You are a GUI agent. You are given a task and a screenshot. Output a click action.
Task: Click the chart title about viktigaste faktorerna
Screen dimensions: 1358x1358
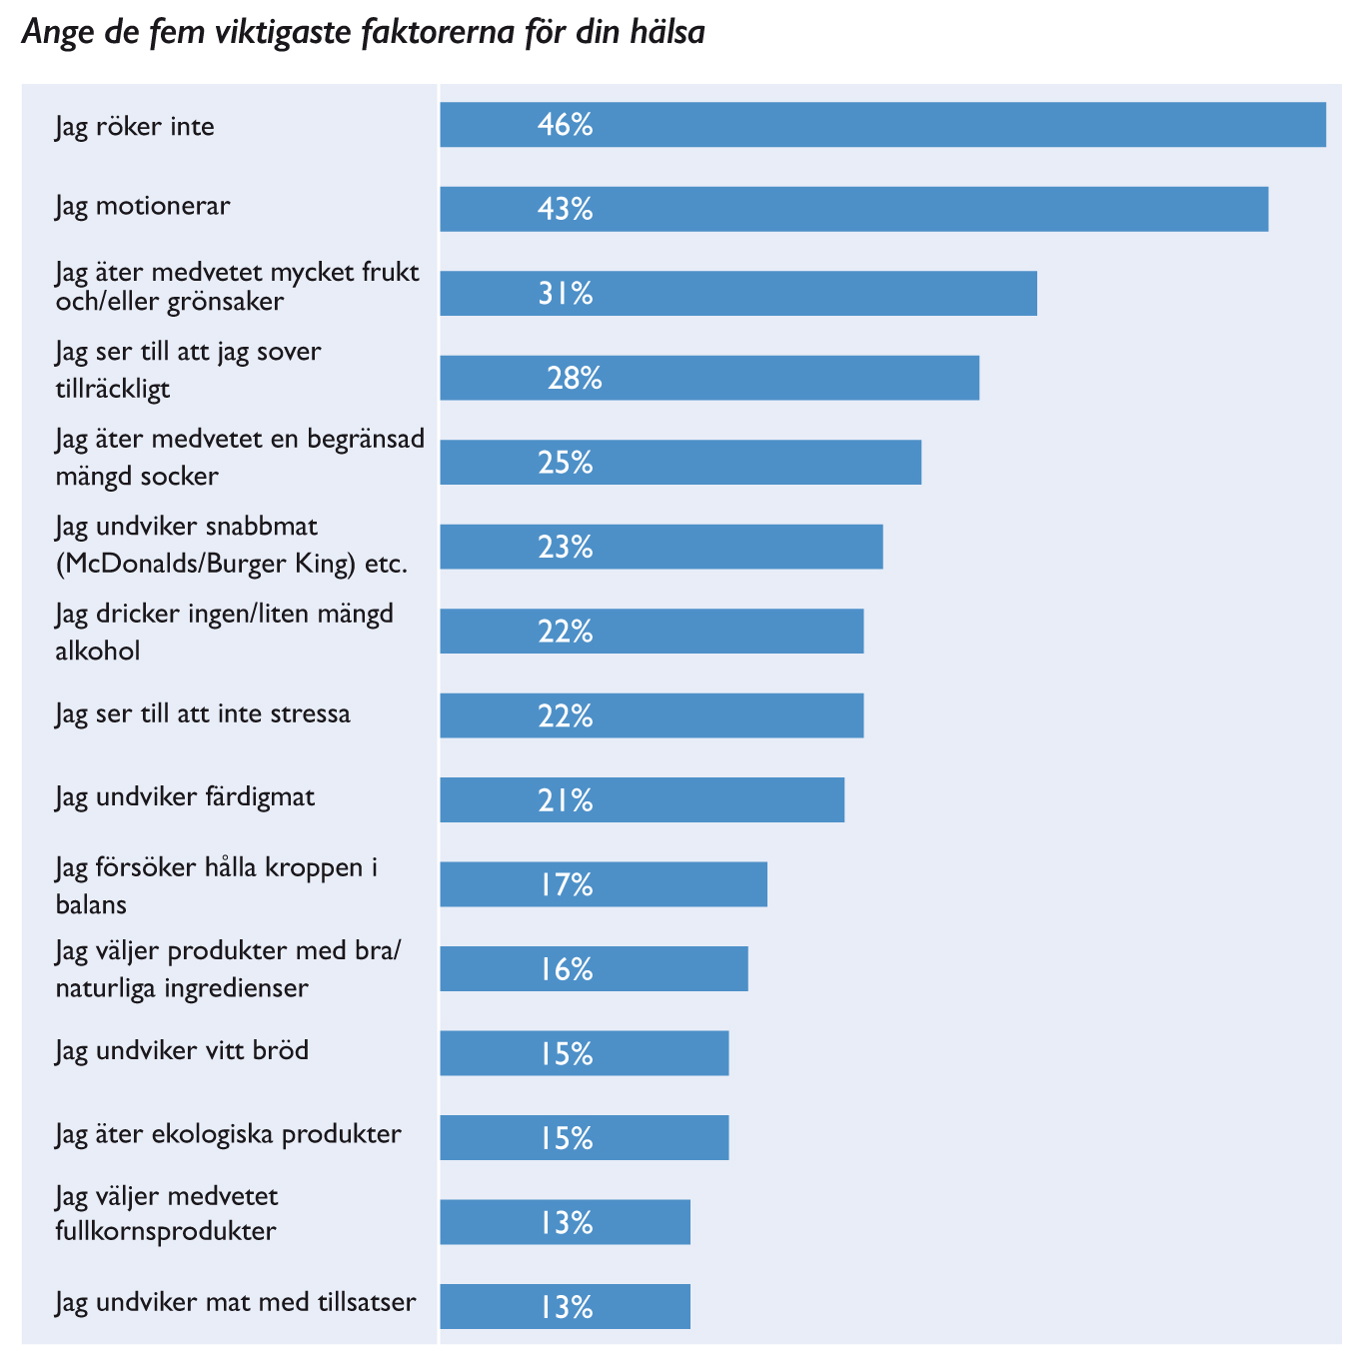pos(364,33)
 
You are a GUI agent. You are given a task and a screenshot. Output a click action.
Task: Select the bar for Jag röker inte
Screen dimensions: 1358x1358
pos(882,125)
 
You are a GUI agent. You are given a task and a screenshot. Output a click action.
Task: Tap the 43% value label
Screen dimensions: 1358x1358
pos(565,209)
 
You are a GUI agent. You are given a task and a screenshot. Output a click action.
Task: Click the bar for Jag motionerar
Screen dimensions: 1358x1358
pos(853,209)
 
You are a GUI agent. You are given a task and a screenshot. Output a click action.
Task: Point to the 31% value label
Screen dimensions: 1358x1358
pos(565,294)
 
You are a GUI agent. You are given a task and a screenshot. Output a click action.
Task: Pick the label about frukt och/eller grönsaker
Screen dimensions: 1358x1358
pos(237,286)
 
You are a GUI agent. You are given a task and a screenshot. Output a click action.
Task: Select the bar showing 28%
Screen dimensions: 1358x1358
pos(709,378)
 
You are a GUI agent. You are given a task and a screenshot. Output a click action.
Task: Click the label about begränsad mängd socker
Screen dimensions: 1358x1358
pos(240,457)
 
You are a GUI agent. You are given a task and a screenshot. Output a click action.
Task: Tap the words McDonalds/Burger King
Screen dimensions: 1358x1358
pos(206,564)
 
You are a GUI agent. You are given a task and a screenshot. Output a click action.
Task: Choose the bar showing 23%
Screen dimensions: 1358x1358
pos(662,547)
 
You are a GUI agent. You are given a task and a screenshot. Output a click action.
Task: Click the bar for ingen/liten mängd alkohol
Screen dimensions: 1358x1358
pos(652,632)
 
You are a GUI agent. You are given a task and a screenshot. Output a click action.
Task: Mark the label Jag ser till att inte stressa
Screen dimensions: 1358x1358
pos(203,713)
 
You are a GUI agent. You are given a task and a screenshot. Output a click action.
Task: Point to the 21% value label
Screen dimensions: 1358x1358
pos(565,800)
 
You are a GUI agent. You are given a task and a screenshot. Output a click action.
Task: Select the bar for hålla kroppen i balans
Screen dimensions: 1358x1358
pos(604,884)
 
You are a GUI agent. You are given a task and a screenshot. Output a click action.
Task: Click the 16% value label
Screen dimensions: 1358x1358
pos(565,969)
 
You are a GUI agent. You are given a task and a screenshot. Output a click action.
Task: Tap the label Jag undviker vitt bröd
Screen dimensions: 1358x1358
pos(182,1050)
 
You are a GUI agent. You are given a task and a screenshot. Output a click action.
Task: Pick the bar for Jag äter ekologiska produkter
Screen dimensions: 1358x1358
pos(585,1137)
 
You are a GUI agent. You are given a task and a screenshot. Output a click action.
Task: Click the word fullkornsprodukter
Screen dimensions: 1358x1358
pos(166,1230)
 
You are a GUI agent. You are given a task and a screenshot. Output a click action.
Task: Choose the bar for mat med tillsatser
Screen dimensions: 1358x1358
pos(565,1306)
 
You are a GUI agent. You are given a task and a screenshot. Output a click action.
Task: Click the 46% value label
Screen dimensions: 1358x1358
pos(565,125)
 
